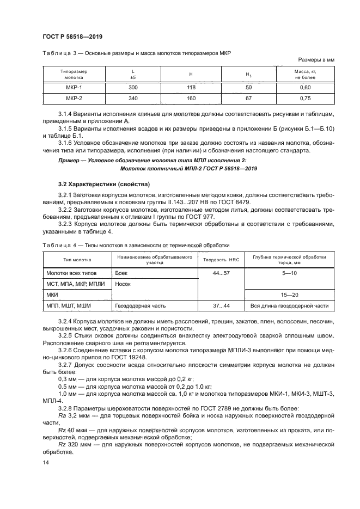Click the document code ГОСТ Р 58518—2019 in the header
pos(72,36)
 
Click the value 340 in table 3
pos(133,99)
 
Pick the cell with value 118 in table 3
pos(192,87)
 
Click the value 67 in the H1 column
pos(249,99)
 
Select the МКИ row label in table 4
pos(53,295)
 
